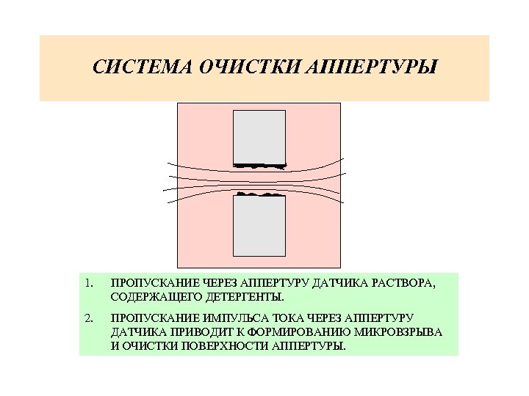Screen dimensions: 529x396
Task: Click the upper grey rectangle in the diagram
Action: pos(259,136)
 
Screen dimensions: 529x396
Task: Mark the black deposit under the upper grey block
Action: pos(259,166)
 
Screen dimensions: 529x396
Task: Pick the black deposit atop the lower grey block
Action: pos(259,194)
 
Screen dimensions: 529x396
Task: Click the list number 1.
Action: pos(87,283)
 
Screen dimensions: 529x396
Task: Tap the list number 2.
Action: pos(87,318)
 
